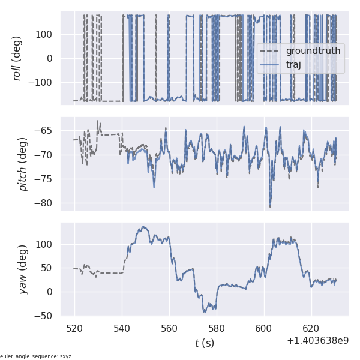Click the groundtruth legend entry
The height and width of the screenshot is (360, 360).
click(x=313, y=51)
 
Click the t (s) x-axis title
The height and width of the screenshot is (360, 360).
click(x=205, y=343)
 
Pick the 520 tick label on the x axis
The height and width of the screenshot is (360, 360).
click(x=75, y=329)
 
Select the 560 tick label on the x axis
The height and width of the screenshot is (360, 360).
click(x=169, y=329)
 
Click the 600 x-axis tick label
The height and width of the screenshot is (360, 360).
click(x=264, y=329)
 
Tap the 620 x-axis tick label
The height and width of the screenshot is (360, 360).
click(x=311, y=329)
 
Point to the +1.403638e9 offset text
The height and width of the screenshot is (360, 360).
click(x=317, y=341)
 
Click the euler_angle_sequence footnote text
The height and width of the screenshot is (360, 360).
click(x=36, y=356)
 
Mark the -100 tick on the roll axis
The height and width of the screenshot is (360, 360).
click(x=44, y=83)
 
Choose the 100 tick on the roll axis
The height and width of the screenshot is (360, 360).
click(x=47, y=34)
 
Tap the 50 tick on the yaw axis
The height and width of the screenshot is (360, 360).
click(x=49, y=268)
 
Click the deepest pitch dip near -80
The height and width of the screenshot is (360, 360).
click(x=270, y=206)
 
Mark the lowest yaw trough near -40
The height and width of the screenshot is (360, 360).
click(x=205, y=311)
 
